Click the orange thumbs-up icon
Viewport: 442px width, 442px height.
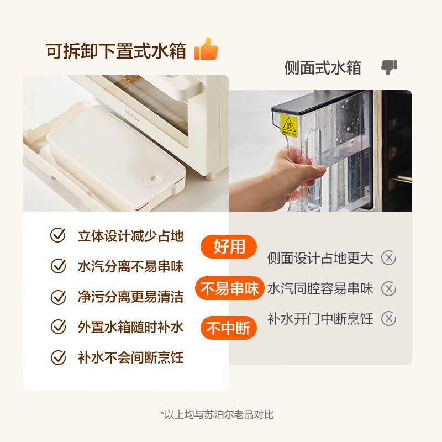point(207,50)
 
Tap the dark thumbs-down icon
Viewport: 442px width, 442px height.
point(389,68)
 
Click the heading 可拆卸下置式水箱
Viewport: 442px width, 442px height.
point(117,51)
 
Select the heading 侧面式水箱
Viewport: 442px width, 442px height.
point(323,68)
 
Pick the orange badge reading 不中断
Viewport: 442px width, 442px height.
point(228,329)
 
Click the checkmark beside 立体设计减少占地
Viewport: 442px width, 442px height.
point(58,236)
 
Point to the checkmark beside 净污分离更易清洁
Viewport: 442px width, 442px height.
point(58,297)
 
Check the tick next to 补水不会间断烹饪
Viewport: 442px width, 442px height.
point(58,357)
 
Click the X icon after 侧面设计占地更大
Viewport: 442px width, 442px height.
point(389,258)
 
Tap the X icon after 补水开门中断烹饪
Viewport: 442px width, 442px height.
point(389,319)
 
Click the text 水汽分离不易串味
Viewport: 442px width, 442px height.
point(130,267)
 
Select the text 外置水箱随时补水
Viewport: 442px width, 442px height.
point(130,327)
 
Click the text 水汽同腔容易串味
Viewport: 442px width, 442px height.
point(320,288)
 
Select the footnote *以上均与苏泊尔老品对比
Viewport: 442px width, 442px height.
point(217,414)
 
